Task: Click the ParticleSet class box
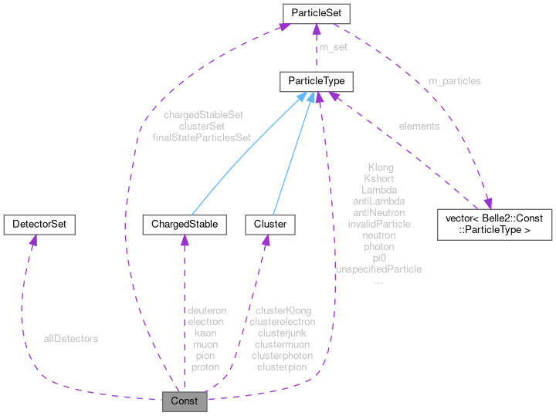coord(317,13)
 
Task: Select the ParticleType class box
coord(317,81)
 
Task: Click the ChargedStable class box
coord(185,225)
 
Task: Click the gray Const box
coord(185,401)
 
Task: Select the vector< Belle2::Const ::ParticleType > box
coord(495,224)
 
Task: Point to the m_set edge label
coord(334,47)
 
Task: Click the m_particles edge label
coord(455,81)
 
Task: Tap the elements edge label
coord(419,126)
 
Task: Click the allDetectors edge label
coord(71,338)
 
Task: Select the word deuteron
coord(205,309)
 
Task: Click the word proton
coord(205,367)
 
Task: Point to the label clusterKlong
coord(283,309)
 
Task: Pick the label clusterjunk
coord(283,333)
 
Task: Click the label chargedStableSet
coord(203,114)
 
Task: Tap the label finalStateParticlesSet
coord(203,137)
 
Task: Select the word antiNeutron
coord(379,212)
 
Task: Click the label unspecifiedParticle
coord(379,269)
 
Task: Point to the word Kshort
coord(379,178)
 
